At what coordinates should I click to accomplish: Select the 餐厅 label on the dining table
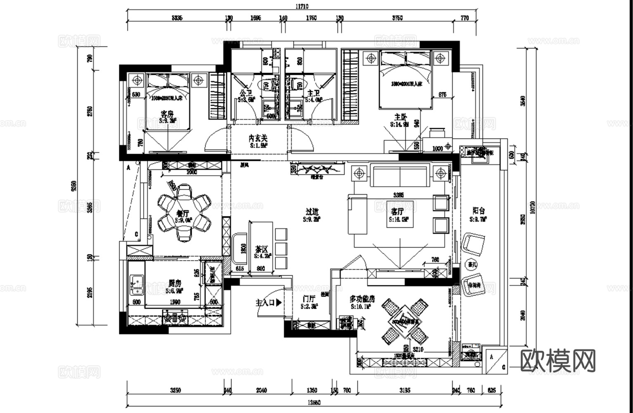(x=183, y=214)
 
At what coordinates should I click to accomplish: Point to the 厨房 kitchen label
(x=175, y=284)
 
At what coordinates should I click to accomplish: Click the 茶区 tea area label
(x=261, y=249)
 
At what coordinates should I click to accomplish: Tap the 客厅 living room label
(x=397, y=212)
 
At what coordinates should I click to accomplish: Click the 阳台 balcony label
(x=479, y=211)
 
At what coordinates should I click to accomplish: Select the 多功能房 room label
(x=362, y=299)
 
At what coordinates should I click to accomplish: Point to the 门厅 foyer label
(x=309, y=299)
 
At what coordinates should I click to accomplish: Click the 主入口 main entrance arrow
(x=279, y=303)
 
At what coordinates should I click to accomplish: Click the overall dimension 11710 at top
(x=301, y=6)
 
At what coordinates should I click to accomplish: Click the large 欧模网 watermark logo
(x=558, y=361)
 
